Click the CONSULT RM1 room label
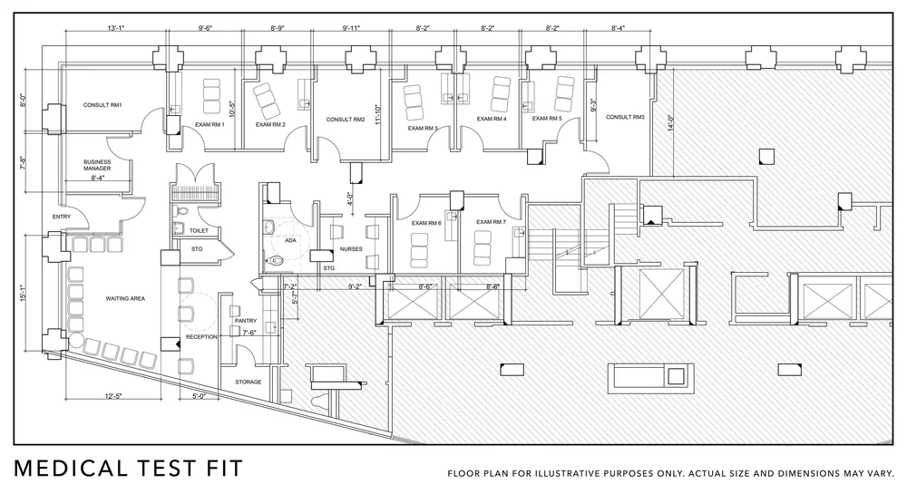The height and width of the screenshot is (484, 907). [x=102, y=106]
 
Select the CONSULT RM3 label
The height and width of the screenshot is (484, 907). [x=625, y=117]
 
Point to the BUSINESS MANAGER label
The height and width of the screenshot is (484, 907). [x=98, y=165]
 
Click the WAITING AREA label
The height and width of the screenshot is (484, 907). [x=126, y=297]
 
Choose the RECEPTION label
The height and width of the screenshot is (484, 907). [x=201, y=336]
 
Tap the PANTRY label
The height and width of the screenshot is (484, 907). [x=246, y=320]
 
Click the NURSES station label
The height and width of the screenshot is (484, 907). [x=351, y=248]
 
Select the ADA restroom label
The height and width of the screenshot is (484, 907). [x=290, y=241]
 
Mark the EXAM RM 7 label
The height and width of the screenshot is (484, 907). [x=491, y=222]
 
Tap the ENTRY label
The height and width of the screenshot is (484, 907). [x=62, y=217]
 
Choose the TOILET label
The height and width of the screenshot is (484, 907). [x=200, y=229]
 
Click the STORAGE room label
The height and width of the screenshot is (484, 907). [x=248, y=382]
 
